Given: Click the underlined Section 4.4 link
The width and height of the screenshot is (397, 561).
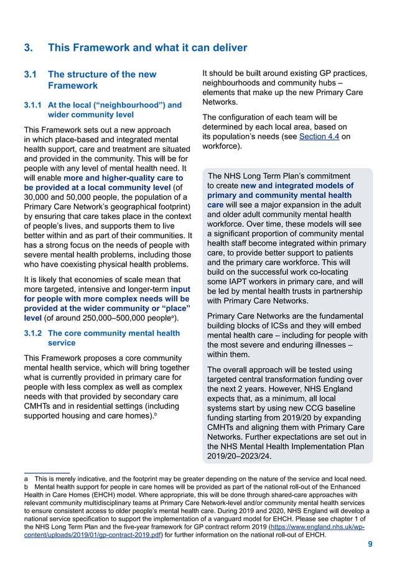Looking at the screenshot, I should click(319, 136).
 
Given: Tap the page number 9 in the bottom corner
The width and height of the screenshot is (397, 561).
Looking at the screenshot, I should click(370, 545).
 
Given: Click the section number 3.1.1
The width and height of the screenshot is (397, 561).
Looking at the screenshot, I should click(32, 105).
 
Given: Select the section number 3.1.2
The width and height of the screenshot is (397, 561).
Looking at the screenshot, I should click(32, 333).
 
